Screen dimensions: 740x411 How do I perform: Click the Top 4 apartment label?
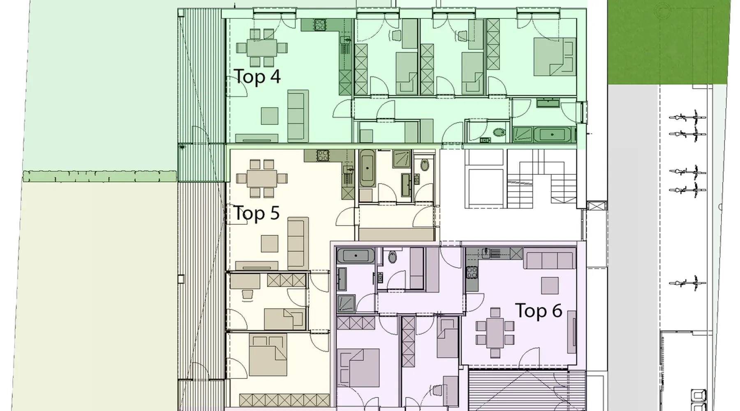(257, 76)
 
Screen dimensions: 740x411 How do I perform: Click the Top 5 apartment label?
(257, 213)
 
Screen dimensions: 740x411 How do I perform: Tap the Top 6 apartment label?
(539, 311)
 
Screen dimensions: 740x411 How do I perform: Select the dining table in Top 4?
(262, 48)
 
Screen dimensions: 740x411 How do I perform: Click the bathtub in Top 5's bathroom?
(367, 169)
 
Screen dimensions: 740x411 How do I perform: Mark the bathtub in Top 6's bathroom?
(356, 256)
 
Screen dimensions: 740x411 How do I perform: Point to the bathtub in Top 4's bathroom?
(552, 135)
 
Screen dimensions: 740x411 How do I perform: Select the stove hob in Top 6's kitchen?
(472, 272)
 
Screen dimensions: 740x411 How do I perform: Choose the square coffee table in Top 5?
(269, 243)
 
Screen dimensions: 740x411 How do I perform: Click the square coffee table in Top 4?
(270, 115)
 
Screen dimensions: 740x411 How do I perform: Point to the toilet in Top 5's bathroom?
(424, 165)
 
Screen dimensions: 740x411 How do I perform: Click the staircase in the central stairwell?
(541, 179)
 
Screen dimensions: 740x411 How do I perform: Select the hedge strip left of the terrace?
(99, 176)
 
